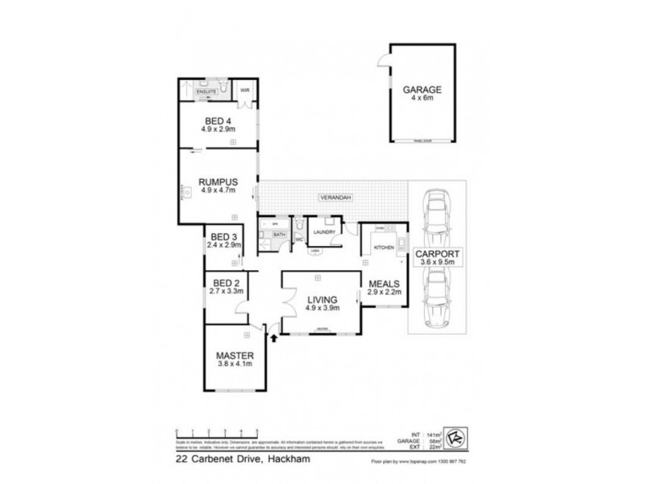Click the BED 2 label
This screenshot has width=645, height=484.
[225, 282]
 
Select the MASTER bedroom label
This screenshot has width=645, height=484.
[235, 355]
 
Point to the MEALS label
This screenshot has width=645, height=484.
[384, 284]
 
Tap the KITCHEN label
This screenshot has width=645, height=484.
[384, 248]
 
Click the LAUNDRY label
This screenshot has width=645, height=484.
[325, 232]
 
